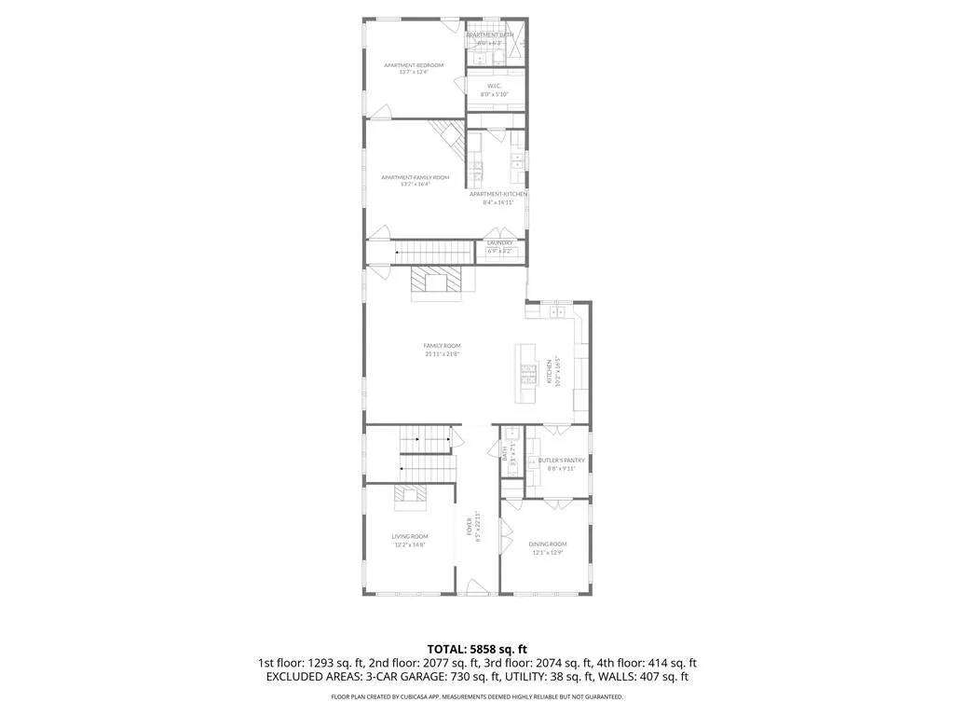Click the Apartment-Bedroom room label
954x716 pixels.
coord(414,65)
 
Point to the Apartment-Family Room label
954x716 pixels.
coord(415,177)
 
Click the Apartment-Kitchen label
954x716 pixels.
coord(498,195)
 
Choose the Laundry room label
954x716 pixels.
coord(499,243)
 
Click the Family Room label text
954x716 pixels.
coord(442,346)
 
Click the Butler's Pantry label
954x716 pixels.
coord(562,460)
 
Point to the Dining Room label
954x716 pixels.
coord(547,544)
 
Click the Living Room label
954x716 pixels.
coord(409,536)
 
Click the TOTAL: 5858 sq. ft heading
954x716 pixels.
coord(477,648)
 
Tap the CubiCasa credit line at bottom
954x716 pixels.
coord(477,697)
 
